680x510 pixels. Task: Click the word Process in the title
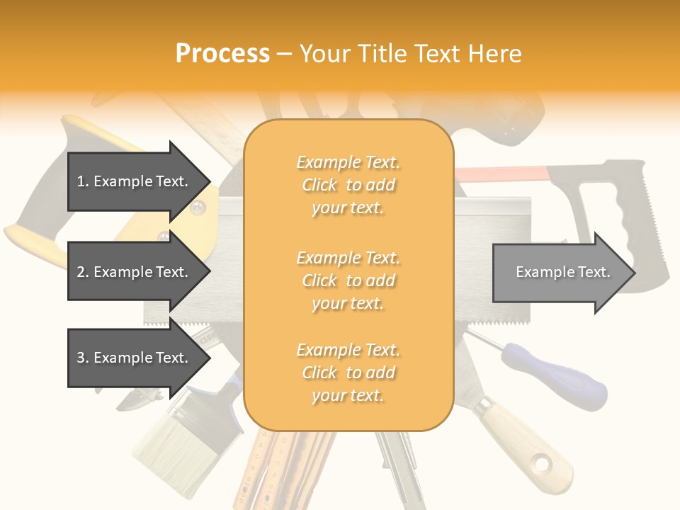(x=222, y=53)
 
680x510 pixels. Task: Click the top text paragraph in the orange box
(x=348, y=185)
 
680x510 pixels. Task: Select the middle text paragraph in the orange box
(x=348, y=280)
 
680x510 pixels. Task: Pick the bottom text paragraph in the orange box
(x=348, y=373)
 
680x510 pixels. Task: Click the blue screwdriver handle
(x=567, y=375)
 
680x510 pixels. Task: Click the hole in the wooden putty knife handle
(x=542, y=464)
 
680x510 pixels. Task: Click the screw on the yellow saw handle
(x=198, y=207)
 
